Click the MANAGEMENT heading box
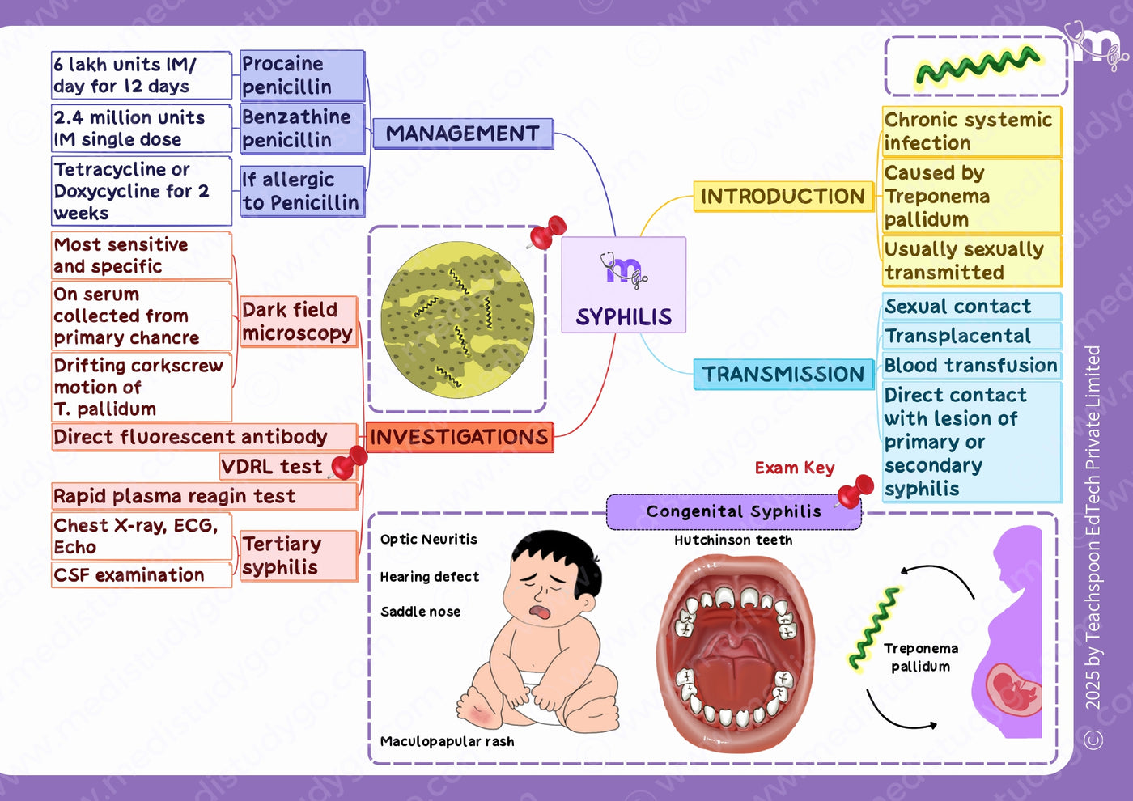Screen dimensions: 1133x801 coord(463,133)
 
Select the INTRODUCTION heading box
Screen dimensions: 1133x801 coord(783,196)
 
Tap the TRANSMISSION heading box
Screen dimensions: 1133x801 coord(783,374)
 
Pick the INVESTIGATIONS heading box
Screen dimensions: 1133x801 coord(459,437)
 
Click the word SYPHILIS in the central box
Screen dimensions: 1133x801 coord(624,317)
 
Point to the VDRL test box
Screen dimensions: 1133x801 coord(288,466)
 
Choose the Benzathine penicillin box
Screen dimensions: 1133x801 coord(302,129)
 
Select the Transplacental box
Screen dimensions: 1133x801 coord(972,336)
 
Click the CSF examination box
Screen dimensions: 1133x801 coord(142,575)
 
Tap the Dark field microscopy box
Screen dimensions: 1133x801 coord(299,322)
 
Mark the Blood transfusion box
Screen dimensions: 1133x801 coord(972,365)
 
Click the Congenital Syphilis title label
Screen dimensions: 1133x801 coord(733,511)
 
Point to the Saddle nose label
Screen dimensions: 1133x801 coord(420,612)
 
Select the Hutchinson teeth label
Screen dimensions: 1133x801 coord(733,540)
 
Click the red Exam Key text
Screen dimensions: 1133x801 coord(795,468)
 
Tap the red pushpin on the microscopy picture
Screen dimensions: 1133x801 coord(547,232)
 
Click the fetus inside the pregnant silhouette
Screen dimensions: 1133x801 coord(1012,689)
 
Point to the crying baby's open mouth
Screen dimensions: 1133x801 coord(541,612)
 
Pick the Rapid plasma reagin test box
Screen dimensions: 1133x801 coord(204,496)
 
